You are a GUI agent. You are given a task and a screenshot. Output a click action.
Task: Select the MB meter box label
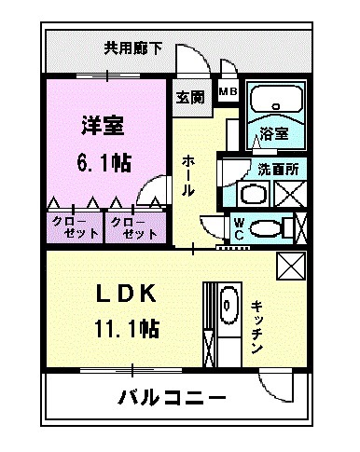(x=227, y=91)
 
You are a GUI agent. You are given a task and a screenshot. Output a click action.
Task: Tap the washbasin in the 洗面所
(x=252, y=196)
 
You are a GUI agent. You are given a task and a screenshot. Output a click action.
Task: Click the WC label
(x=240, y=228)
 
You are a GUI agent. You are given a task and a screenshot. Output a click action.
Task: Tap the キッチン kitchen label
(x=257, y=326)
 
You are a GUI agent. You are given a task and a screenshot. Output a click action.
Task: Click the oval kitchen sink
(x=227, y=304)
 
